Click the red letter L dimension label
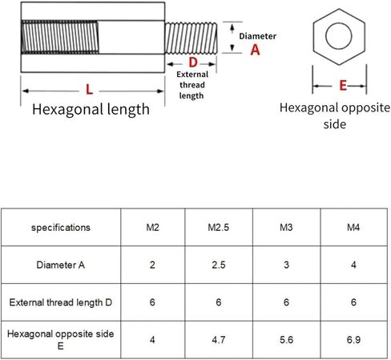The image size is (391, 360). click(x=89, y=90)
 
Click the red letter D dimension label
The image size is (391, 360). click(x=193, y=63)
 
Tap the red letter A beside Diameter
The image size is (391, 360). click(x=255, y=50)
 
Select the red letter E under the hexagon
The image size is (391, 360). click(x=343, y=86)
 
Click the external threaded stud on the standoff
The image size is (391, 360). click(x=191, y=38)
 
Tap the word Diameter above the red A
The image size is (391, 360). click(x=257, y=36)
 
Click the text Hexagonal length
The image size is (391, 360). click(x=91, y=109)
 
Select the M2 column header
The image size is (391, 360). click(x=152, y=228)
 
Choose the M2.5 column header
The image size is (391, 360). click(x=219, y=228)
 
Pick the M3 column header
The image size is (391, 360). click(x=286, y=228)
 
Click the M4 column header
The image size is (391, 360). click(x=353, y=228)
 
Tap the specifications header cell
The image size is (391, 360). click(x=61, y=228)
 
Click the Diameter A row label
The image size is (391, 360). click(x=61, y=265)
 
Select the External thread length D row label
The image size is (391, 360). click(x=61, y=302)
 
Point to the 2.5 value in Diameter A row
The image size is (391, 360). click(x=219, y=265)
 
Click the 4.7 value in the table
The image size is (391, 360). click(x=219, y=340)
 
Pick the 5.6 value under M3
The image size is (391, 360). click(x=286, y=340)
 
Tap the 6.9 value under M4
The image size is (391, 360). click(x=353, y=340)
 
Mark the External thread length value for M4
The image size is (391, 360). click(x=353, y=302)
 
